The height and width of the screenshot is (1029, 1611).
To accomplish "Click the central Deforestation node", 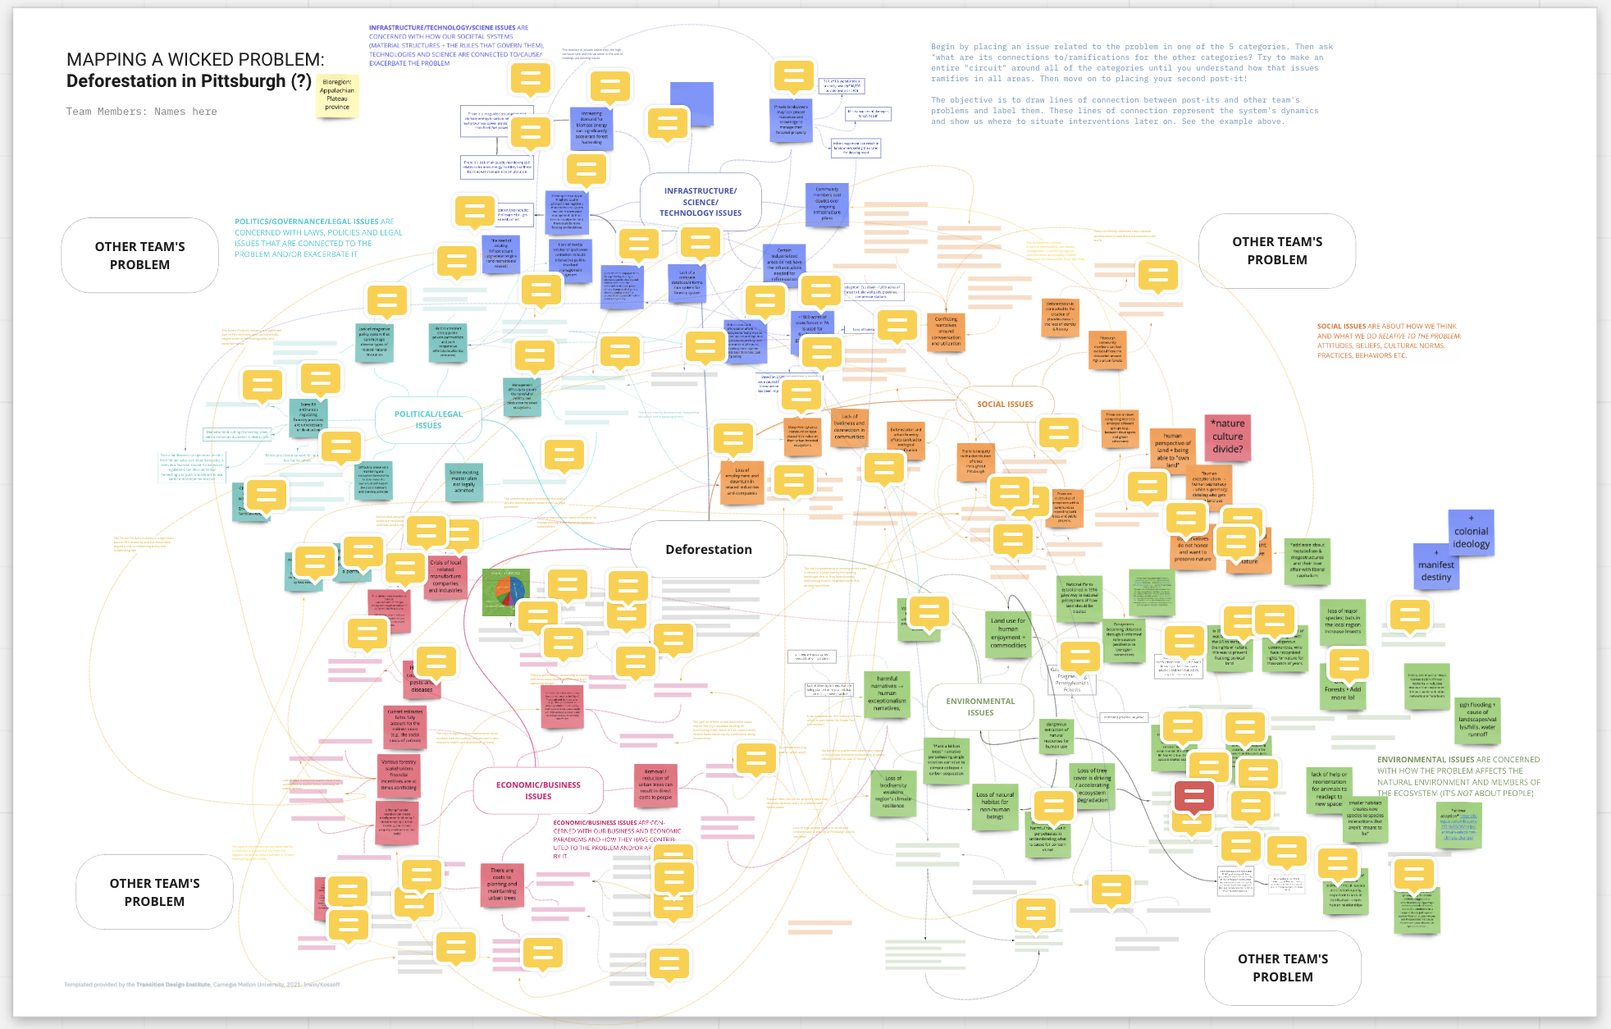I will tap(708, 549).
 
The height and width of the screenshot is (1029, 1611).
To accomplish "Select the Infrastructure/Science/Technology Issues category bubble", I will tap(700, 202).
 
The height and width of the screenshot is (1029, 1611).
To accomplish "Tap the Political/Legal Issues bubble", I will tap(428, 419).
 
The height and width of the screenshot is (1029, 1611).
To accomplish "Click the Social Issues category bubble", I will tap(1005, 404).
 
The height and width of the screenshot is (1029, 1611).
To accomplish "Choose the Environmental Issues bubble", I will tap(980, 707).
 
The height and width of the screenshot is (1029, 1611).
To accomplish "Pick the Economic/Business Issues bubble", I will tap(538, 790).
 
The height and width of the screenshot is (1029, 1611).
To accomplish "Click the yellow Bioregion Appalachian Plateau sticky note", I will tap(337, 95).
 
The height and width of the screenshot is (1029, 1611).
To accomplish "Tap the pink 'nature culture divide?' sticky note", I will tap(1227, 436).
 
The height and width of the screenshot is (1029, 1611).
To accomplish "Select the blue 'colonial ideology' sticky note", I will tap(1471, 534).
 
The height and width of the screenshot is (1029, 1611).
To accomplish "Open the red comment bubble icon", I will tap(1193, 795).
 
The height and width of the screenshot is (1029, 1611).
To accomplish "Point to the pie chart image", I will tap(506, 592).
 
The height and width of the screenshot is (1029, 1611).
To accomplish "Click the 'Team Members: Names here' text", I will tap(142, 112).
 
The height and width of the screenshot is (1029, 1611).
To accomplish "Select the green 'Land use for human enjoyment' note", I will tap(1007, 633).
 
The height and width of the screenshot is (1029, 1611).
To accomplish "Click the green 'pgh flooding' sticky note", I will tap(1477, 720).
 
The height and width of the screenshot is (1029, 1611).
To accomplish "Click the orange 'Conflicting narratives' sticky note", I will tap(946, 332).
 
